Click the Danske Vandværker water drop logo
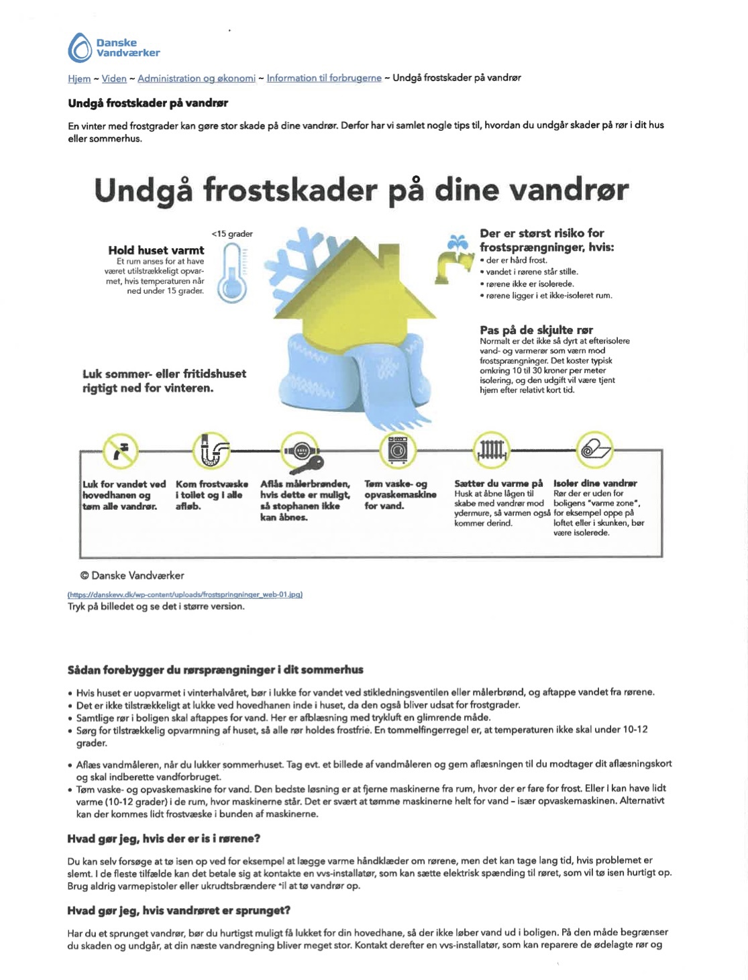click(x=81, y=48)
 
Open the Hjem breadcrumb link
click(x=79, y=78)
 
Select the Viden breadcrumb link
click(x=114, y=78)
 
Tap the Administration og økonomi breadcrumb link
click(x=197, y=78)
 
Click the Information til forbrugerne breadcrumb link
click(x=324, y=78)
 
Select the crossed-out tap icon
click(x=121, y=450)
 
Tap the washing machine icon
click(x=398, y=450)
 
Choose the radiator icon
click(x=492, y=450)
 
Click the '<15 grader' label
click(x=231, y=234)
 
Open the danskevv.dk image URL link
click(x=185, y=594)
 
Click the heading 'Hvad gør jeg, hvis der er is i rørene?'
click(x=164, y=839)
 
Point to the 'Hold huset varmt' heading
click(x=156, y=250)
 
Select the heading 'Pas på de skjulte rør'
click(x=536, y=330)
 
